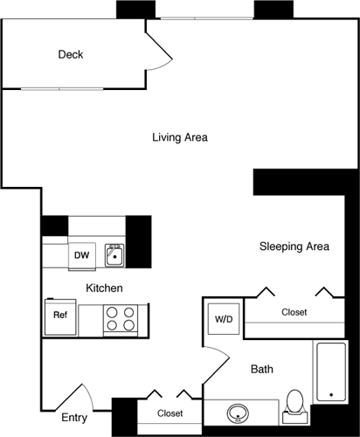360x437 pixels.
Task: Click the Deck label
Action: click(71, 55)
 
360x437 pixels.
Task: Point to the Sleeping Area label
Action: click(294, 246)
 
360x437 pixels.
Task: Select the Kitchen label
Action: click(103, 288)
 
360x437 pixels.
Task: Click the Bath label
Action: click(261, 370)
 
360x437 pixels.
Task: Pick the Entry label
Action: click(74, 418)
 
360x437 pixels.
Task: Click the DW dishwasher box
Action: click(81, 255)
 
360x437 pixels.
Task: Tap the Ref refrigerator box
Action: click(60, 315)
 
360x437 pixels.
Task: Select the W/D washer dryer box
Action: click(224, 319)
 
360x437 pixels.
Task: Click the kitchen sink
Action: click(114, 256)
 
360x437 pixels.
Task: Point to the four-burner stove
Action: click(120, 318)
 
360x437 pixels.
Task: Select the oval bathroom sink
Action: click(239, 413)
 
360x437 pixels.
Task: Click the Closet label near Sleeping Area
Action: click(294, 312)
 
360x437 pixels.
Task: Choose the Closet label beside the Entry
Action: click(170, 413)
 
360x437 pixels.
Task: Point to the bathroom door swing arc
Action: click(216, 358)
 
